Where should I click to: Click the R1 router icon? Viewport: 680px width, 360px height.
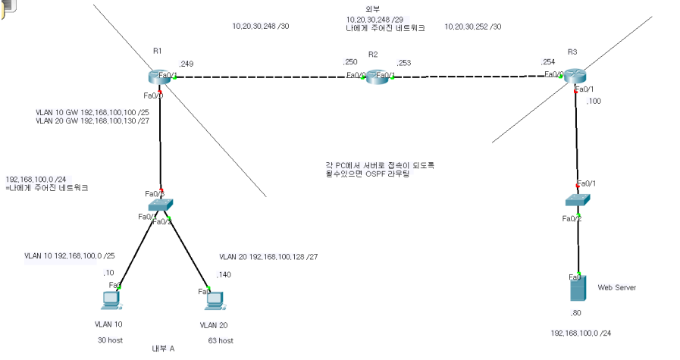tap(161, 77)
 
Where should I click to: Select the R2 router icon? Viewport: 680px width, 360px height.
tap(376, 76)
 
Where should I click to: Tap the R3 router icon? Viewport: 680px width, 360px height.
tap(575, 75)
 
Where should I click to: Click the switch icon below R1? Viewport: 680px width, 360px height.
tap(161, 205)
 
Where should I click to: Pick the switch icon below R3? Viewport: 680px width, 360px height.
tap(578, 200)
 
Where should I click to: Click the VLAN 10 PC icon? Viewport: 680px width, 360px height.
tap(111, 301)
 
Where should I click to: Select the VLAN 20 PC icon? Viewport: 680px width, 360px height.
tap(214, 301)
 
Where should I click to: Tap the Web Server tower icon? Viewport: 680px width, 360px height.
tap(578, 289)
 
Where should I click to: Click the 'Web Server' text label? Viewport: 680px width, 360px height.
tap(616, 287)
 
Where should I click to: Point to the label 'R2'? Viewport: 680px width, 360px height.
tap(372, 55)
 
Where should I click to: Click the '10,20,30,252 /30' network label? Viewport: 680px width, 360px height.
tap(473, 27)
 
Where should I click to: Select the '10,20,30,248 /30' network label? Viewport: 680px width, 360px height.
tap(261, 27)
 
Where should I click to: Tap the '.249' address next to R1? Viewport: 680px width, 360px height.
tap(186, 64)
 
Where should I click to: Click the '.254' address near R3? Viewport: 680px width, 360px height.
tap(547, 62)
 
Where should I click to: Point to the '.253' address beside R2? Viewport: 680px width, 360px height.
tap(403, 62)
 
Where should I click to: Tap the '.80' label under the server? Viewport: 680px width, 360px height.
tap(576, 312)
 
